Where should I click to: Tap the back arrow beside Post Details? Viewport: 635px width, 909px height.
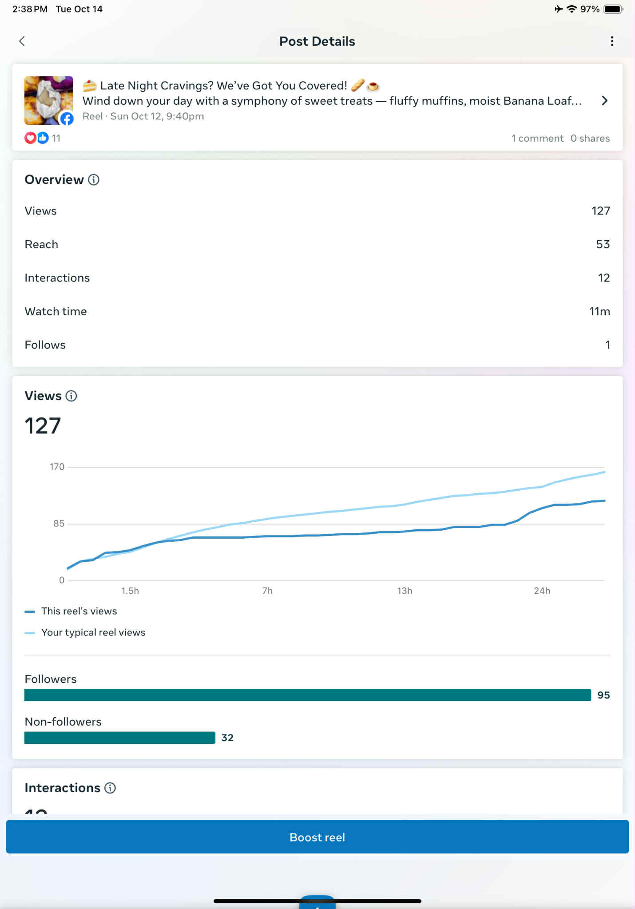coord(22,41)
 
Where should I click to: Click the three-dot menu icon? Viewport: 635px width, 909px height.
coord(612,41)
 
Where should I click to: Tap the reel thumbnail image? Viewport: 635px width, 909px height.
coord(48,100)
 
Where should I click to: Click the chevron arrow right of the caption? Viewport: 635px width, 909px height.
coord(604,101)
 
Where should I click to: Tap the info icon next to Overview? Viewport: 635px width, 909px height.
coord(94,180)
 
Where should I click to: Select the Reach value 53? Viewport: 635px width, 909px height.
coord(603,244)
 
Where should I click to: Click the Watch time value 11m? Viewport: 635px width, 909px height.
coord(599,311)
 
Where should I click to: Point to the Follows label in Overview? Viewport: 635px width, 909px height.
coord(45,345)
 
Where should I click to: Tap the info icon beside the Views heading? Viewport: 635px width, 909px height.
coord(71,396)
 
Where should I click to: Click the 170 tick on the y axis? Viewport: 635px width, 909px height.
coord(57,467)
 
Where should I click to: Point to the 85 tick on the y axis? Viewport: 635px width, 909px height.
coord(59,524)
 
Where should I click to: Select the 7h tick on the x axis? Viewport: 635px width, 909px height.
coord(267,591)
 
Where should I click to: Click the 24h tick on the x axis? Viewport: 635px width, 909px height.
coord(542,591)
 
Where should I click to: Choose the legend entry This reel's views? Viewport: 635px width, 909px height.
coord(79,611)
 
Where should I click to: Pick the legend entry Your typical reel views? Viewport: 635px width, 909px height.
coord(93,632)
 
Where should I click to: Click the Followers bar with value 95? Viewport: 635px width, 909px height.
coord(307,695)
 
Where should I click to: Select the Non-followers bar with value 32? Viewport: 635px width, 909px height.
coord(120,738)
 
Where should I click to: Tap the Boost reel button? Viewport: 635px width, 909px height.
coord(317,837)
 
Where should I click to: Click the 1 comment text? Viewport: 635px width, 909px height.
coord(537,139)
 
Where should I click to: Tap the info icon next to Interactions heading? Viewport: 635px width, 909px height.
coord(110,788)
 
